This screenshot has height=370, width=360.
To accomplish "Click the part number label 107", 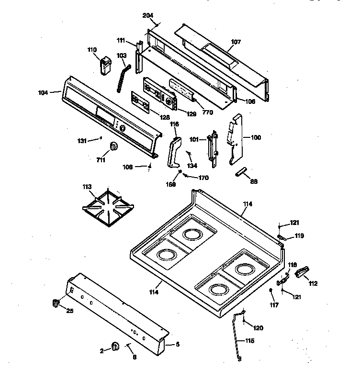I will [x=236, y=42].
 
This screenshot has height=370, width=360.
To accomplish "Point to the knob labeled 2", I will [x=115, y=347].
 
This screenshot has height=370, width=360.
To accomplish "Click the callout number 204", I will [x=148, y=15].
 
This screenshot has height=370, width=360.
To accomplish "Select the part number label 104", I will [x=43, y=92].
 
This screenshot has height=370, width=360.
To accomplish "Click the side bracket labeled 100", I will [x=236, y=139].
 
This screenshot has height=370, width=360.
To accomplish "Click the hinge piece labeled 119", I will [x=282, y=236].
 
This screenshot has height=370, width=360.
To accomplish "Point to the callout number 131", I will [x=82, y=140].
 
